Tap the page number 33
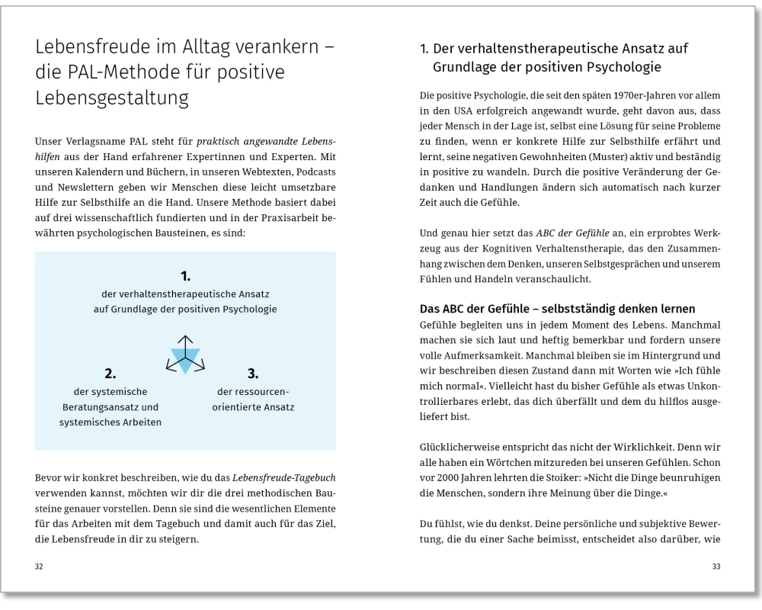(716, 567)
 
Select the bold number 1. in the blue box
(185, 274)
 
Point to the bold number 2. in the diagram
(110, 374)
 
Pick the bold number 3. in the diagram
(253, 374)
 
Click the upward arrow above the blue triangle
(184, 339)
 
